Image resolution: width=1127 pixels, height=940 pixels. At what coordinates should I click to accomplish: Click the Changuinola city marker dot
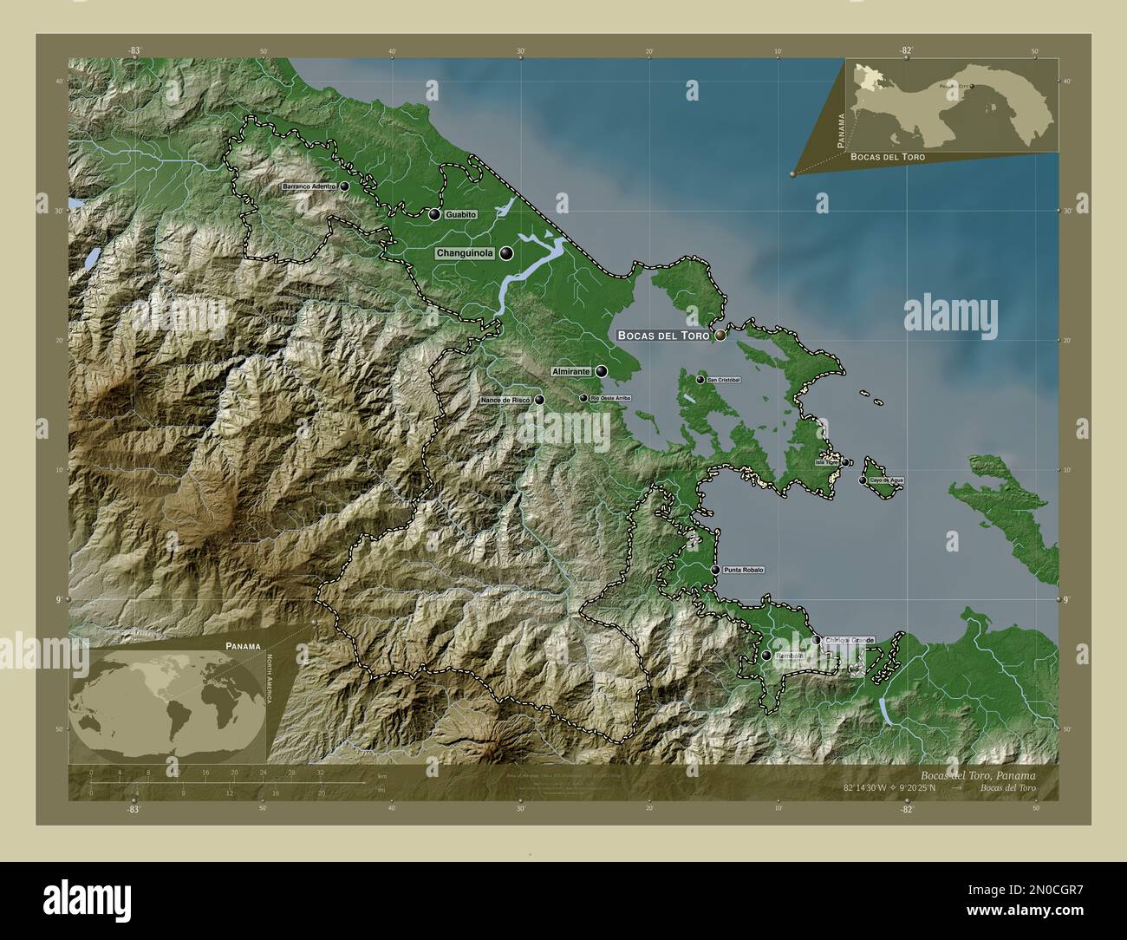coord(506,253)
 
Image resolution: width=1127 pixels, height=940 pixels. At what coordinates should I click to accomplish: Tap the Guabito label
coord(461,214)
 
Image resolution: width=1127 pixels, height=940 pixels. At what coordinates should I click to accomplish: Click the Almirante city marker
coord(602,371)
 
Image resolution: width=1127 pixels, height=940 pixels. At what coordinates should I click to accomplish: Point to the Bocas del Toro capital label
coord(663,335)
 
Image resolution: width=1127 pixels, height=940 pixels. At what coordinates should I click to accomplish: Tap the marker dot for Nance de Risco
coord(539,400)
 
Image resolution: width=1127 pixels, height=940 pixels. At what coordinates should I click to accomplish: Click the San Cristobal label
coord(724,380)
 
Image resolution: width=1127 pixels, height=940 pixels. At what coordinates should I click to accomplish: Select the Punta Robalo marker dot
coord(715,570)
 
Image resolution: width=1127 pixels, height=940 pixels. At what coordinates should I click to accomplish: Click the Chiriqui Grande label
coord(849,640)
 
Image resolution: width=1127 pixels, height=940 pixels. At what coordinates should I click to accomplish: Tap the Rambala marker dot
coord(766,656)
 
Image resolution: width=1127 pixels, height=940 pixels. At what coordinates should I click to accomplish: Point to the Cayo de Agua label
coord(887,480)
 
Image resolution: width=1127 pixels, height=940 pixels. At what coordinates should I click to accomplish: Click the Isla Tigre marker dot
coord(845,462)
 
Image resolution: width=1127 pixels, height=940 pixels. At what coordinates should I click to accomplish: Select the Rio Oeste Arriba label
coord(610,398)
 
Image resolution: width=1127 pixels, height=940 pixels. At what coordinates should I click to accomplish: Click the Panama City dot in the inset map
coord(973,86)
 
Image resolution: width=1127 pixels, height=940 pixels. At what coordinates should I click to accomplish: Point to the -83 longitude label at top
coord(134,51)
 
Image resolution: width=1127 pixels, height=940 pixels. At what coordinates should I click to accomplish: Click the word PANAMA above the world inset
coord(244,646)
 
